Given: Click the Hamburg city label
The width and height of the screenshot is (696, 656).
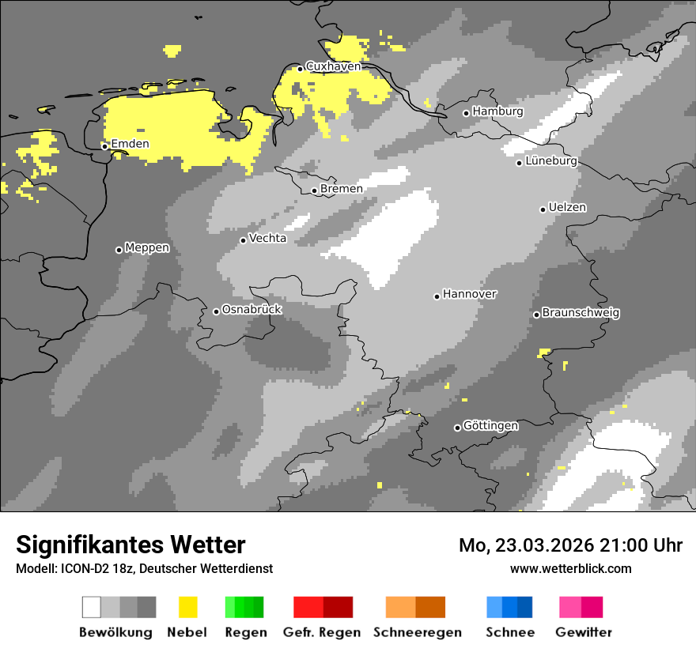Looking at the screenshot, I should coord(497,111).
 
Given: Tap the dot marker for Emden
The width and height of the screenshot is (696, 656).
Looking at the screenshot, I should coord(104,146).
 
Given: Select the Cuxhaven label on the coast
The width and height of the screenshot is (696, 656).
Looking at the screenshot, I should coord(333,66).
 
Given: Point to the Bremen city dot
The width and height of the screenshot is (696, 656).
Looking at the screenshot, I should coord(314,190).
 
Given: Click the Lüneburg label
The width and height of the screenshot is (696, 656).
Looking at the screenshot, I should coord(551,160).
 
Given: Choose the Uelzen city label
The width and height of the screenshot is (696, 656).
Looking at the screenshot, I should coord(567,207).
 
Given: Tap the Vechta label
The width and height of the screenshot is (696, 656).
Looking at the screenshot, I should coord(267,238).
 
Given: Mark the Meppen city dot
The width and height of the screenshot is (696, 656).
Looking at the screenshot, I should coord(119,250).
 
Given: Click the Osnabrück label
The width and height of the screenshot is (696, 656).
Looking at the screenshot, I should coord(252,310).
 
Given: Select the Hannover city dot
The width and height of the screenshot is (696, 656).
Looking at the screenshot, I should coord(437,296).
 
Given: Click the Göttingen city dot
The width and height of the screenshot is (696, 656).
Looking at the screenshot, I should coord(457,428).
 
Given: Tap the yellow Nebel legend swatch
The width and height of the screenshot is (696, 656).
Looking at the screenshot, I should coord(187,607).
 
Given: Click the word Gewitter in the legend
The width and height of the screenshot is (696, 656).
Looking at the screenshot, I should coord(584,632).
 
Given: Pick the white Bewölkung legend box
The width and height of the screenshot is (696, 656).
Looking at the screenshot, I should coord(92,607).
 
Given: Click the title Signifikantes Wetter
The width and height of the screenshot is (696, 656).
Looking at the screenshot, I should coord(130,545).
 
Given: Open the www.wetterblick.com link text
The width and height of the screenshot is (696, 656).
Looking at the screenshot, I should coord(571,568).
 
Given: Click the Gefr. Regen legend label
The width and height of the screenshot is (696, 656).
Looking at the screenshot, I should coord(321,632).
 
